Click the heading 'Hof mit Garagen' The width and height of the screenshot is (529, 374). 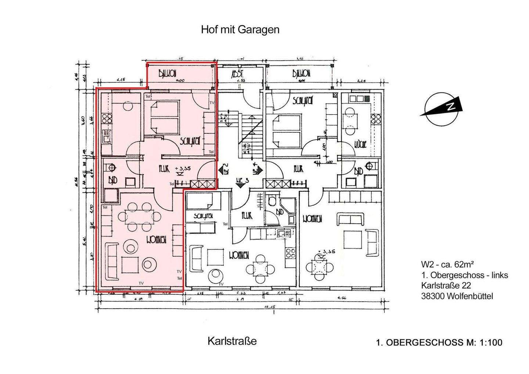point(240,30)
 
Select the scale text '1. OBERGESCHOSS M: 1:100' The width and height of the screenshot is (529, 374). point(439,343)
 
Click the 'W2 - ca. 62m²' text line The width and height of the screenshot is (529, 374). point(447,264)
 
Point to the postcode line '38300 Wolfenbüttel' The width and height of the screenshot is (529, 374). point(457,296)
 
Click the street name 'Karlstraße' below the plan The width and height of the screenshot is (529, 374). point(232,341)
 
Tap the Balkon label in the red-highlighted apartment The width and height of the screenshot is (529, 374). point(168,73)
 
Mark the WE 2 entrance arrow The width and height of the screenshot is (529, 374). point(224,170)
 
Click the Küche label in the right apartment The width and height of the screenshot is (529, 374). point(360,144)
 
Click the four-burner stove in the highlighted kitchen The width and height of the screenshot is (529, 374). point(107,118)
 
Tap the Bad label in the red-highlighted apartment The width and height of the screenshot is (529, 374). point(112,180)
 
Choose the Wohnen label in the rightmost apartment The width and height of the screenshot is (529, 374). point(312,219)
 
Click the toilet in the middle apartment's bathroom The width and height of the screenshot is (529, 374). point(272,201)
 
